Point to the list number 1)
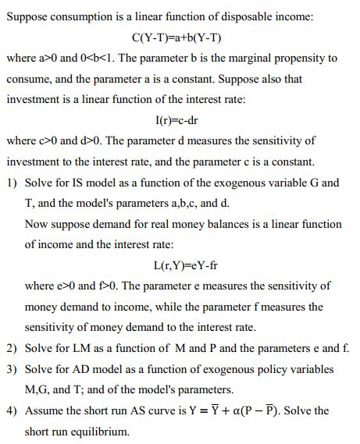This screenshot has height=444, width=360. pyautogui.click(x=13, y=183)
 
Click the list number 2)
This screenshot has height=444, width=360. pyautogui.click(x=13, y=348)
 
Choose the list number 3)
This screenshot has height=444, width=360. pyautogui.click(x=13, y=368)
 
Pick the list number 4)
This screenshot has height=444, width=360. pyautogui.click(x=13, y=410)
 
